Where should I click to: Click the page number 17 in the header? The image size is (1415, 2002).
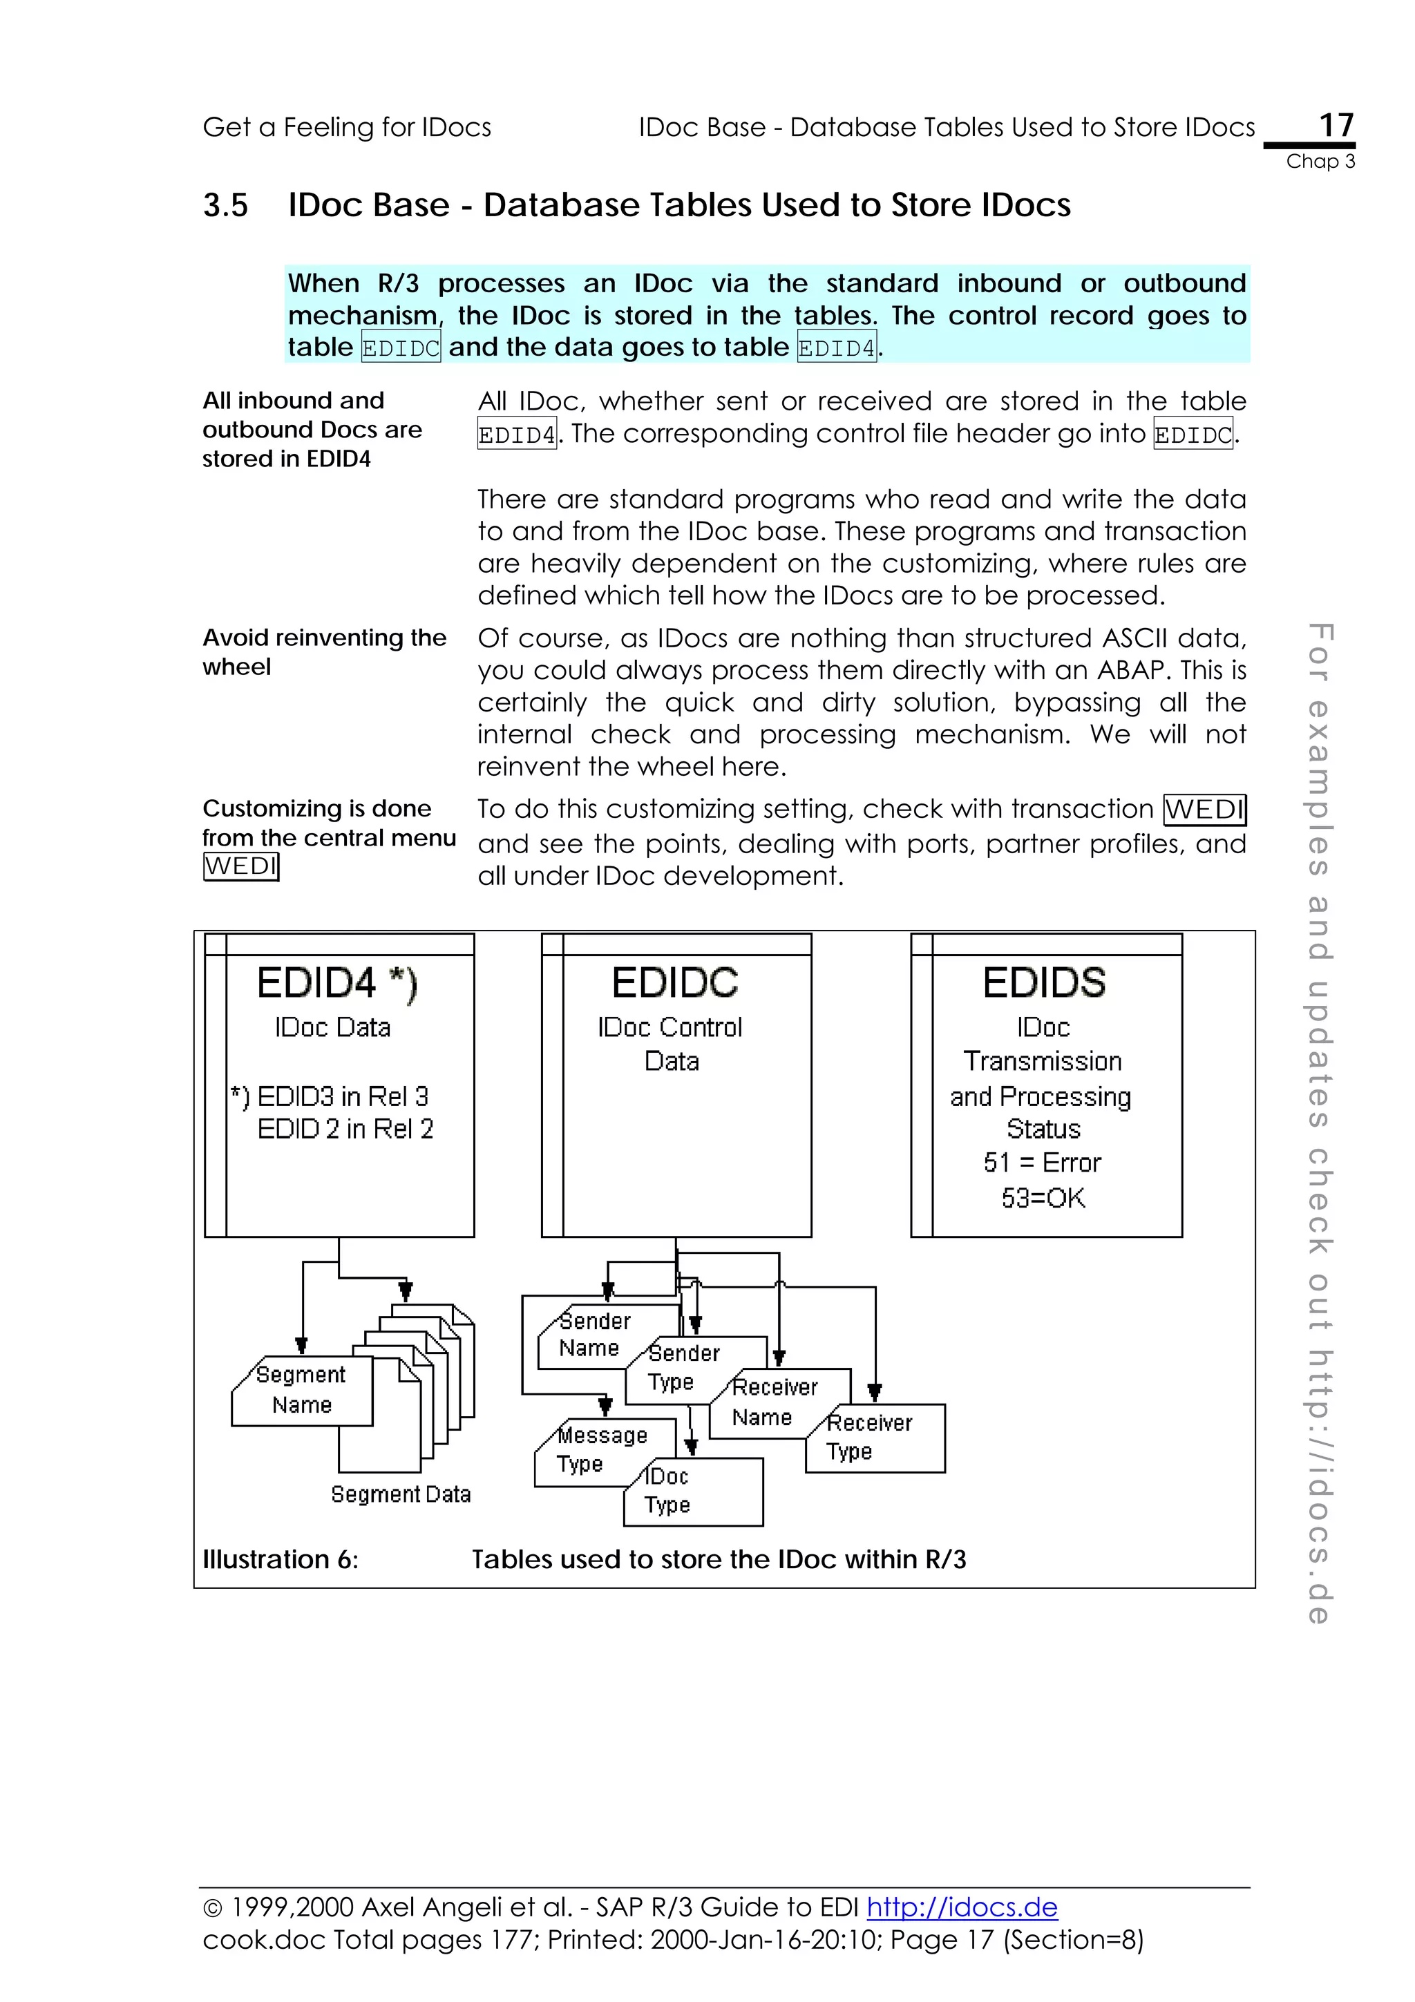[1336, 124]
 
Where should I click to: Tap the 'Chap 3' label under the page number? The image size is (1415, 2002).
[1320, 162]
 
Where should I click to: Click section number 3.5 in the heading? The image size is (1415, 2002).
[225, 206]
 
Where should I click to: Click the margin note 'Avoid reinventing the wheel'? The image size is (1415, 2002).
[323, 651]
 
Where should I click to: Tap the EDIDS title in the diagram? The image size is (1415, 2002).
[1043, 982]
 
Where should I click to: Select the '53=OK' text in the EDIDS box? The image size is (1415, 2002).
[1043, 1198]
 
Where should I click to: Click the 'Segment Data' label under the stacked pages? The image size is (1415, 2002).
[400, 1494]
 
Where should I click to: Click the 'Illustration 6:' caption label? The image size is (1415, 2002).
[280, 1559]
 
